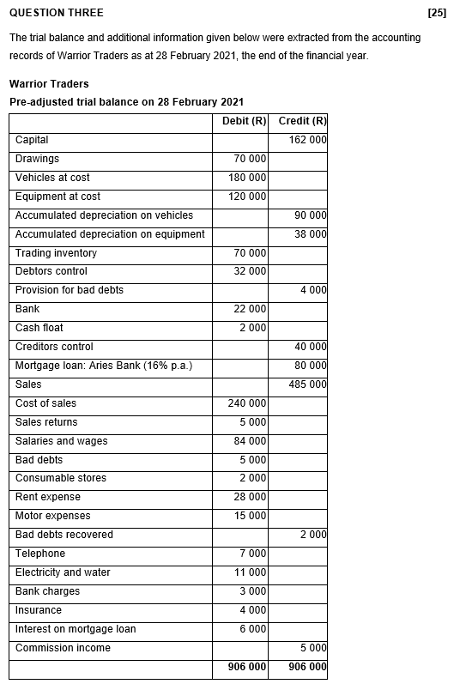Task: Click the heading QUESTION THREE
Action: tap(56, 13)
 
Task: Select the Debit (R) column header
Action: tap(244, 121)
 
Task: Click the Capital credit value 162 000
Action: tap(307, 140)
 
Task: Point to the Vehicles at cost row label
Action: tap(52, 178)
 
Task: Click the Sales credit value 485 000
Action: tap(307, 384)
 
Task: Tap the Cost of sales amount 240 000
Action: tap(247, 403)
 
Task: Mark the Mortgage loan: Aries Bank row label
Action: tap(104, 366)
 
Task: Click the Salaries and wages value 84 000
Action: tap(250, 441)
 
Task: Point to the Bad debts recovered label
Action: tap(64, 535)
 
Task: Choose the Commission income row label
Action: tap(63, 648)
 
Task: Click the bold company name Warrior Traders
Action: tap(49, 84)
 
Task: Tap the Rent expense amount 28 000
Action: tap(250, 498)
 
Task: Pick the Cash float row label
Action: tap(39, 328)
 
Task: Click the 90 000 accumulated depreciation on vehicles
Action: tap(310, 215)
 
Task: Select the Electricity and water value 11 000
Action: tap(250, 572)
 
